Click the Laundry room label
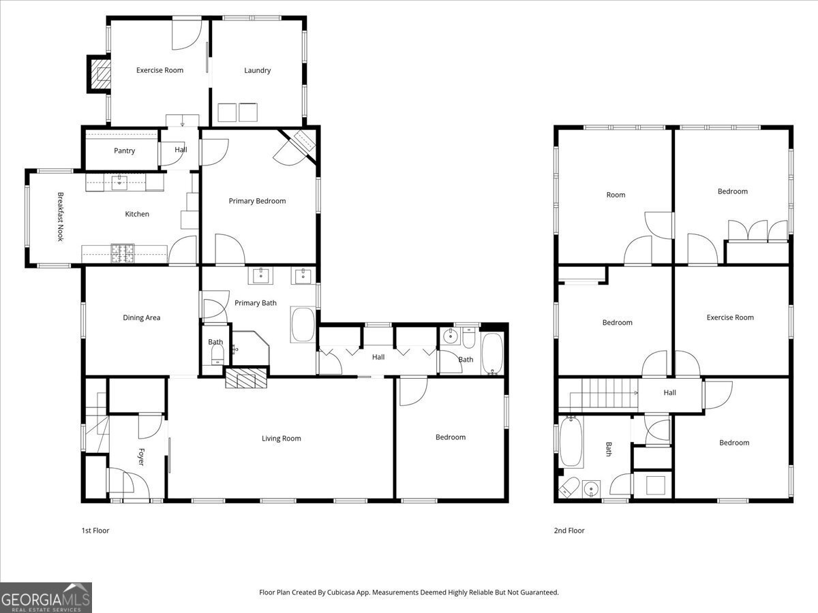(x=257, y=70)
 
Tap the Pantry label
(x=124, y=151)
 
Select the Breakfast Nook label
(x=61, y=217)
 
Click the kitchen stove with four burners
(x=122, y=253)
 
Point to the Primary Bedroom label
(x=257, y=201)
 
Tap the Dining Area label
(x=142, y=317)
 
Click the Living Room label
(x=281, y=439)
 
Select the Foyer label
(x=141, y=456)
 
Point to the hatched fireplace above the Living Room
(x=246, y=378)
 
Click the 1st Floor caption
(x=95, y=531)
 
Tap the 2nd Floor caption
(x=569, y=531)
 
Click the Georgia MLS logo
(x=46, y=597)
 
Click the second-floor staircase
(x=598, y=395)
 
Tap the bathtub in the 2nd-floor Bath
(x=571, y=442)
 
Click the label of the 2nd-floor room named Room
(x=616, y=195)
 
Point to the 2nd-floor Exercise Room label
(x=730, y=317)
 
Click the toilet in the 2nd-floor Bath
(x=569, y=487)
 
